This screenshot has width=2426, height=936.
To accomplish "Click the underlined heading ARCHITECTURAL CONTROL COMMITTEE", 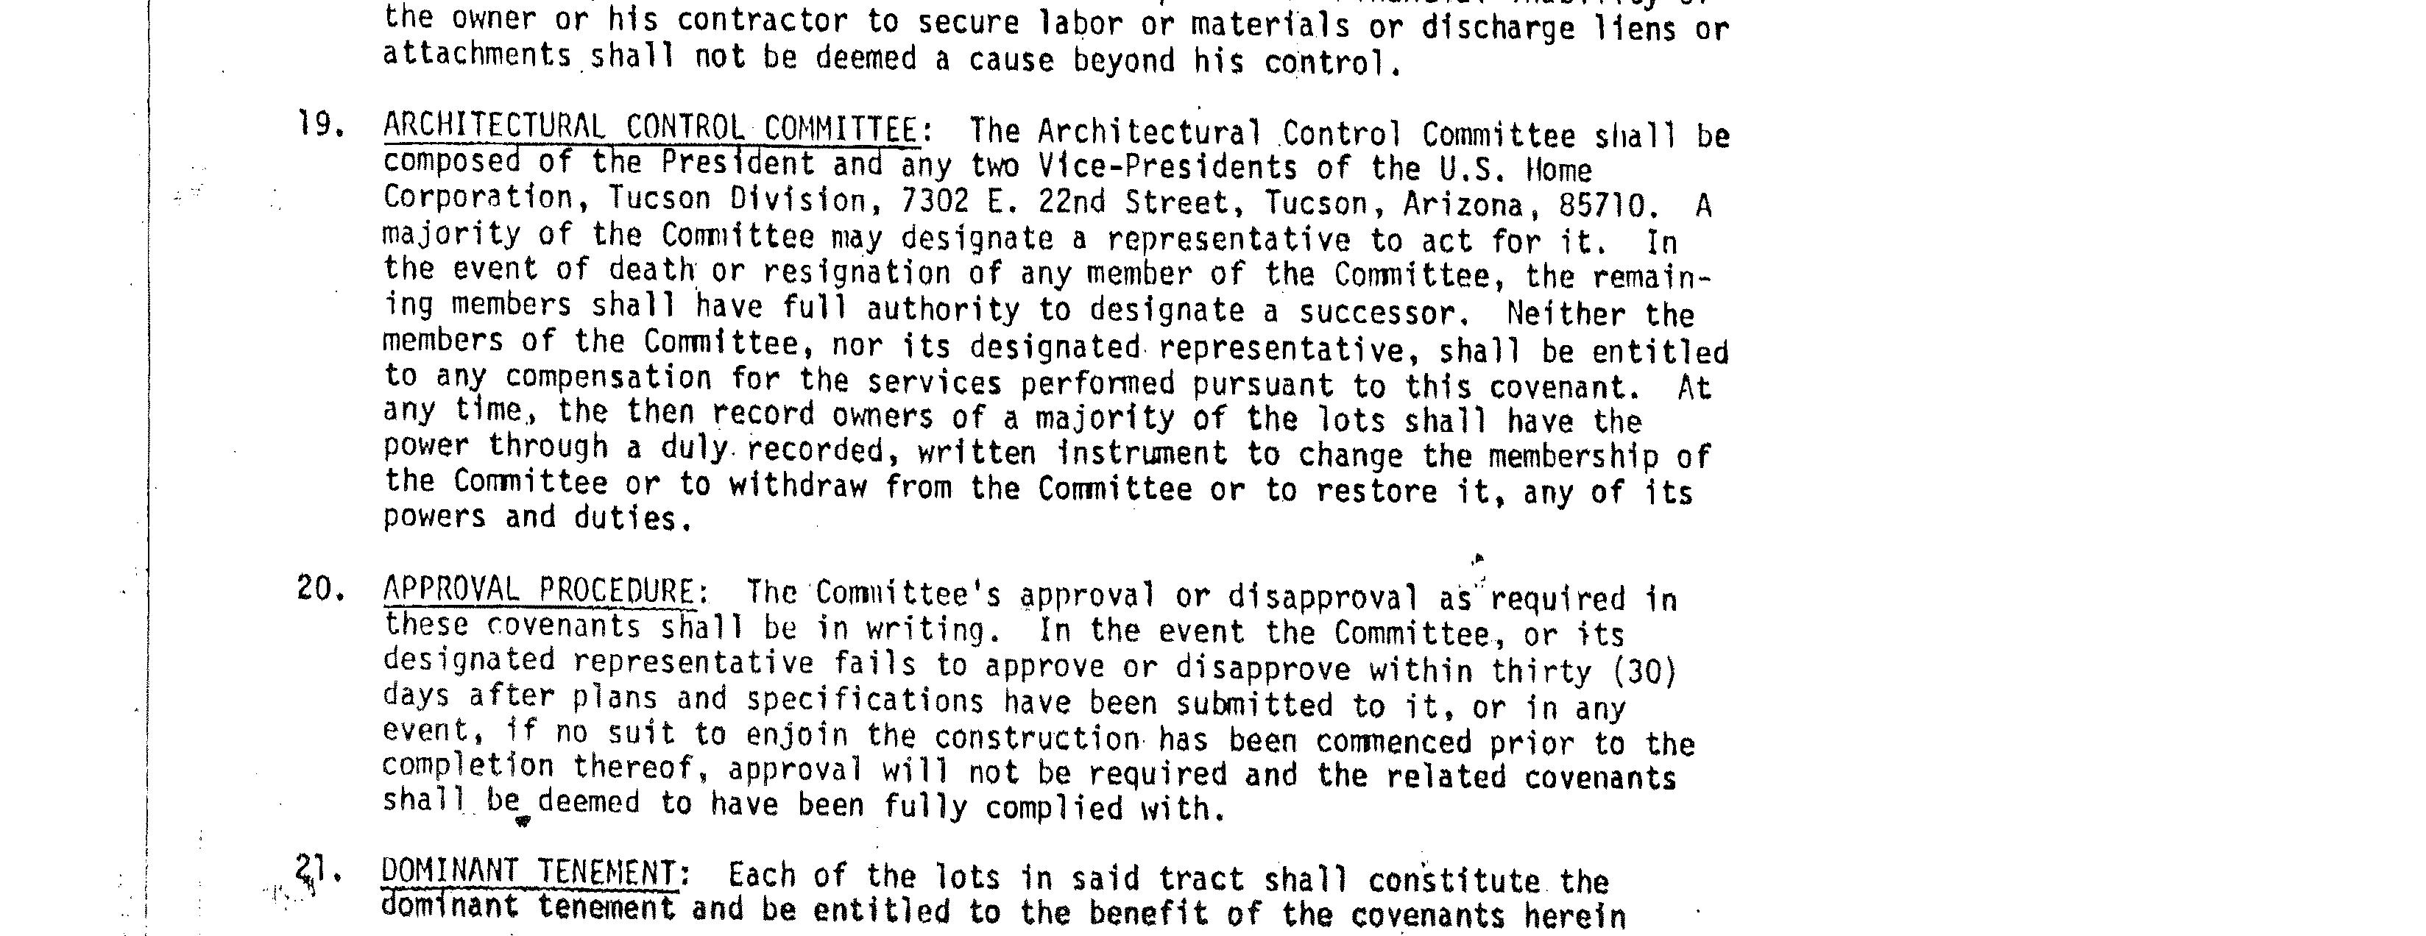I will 650,127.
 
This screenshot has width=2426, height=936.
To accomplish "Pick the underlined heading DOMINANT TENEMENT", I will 528,872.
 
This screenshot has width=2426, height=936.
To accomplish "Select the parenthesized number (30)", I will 1644,670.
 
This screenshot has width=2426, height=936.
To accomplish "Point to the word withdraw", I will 798,486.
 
